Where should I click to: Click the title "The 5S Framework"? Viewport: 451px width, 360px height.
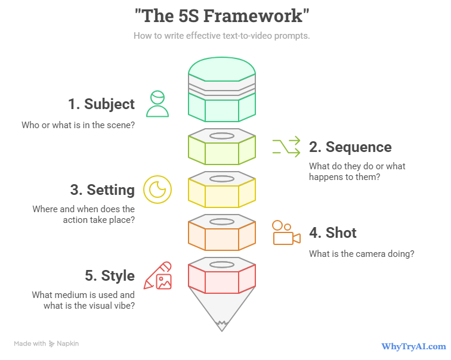click(x=222, y=15)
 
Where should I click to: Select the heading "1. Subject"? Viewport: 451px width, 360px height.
click(x=101, y=104)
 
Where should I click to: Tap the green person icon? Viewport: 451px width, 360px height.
click(x=157, y=104)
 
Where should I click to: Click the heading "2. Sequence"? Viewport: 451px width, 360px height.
click(x=350, y=147)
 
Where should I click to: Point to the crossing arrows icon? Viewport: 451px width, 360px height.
click(x=286, y=147)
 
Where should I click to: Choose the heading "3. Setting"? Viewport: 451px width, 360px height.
click(x=102, y=190)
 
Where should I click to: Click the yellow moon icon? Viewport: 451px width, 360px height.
click(x=157, y=190)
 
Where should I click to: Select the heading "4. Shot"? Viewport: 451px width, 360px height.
click(x=332, y=232)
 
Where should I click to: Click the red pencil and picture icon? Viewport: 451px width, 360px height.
click(x=157, y=275)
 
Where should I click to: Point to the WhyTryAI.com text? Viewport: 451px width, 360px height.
click(x=413, y=346)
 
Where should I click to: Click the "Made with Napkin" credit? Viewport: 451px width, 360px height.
click(x=47, y=343)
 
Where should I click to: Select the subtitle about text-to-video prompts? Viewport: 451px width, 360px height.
click(x=221, y=36)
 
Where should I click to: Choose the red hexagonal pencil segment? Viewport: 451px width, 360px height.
click(x=222, y=278)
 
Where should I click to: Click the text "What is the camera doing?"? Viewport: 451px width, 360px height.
click(x=362, y=253)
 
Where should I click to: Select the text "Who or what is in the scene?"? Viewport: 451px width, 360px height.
click(x=78, y=126)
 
